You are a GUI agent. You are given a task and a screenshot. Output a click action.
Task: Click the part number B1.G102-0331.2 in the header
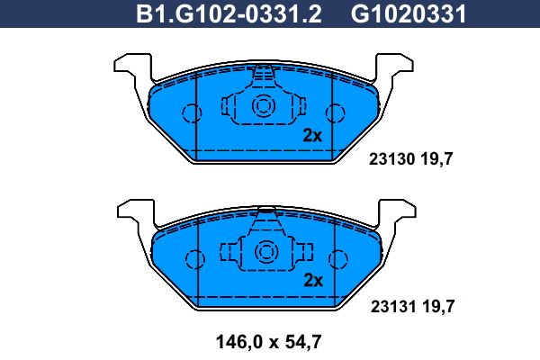[x=229, y=13]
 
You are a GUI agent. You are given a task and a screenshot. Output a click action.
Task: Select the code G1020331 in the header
[x=409, y=13]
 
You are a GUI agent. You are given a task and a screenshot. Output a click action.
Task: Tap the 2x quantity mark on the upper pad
[x=312, y=136]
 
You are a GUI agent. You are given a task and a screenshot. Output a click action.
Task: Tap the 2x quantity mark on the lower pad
[x=313, y=281]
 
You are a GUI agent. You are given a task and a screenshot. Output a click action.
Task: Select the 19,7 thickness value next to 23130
[x=436, y=159]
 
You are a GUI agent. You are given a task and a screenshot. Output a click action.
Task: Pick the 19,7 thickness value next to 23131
[x=438, y=307]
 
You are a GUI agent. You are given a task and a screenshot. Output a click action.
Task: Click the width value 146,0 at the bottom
[x=239, y=342]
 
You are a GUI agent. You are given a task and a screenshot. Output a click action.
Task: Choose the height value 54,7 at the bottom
[x=303, y=342]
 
